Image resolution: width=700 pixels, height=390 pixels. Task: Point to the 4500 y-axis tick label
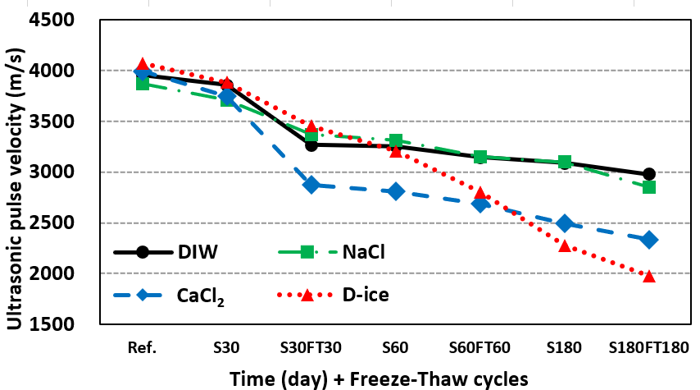(61, 20)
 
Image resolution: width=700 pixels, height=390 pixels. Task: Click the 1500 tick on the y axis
(61, 323)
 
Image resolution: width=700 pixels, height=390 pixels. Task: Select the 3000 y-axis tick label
(61, 172)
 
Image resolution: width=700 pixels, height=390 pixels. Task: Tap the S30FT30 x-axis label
(311, 346)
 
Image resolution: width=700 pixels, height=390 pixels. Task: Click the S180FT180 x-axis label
(648, 346)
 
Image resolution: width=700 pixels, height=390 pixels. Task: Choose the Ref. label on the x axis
(143, 346)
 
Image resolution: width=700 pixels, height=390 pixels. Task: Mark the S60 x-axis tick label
(396, 346)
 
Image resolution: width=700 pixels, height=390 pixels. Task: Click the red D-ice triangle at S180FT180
(648, 276)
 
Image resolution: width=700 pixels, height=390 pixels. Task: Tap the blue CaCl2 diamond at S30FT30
(311, 185)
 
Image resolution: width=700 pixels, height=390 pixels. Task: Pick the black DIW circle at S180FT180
(649, 174)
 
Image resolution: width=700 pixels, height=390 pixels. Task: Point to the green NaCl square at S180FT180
(649, 187)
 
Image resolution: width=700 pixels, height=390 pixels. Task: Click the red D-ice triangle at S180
(565, 245)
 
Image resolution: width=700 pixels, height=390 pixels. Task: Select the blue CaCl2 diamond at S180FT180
(649, 240)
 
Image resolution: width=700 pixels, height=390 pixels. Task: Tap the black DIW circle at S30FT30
(311, 145)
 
